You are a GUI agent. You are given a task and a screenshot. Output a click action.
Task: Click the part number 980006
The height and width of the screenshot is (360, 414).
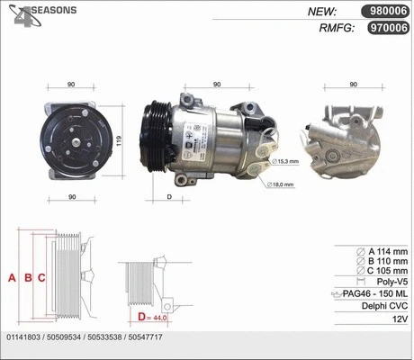coord(384,12)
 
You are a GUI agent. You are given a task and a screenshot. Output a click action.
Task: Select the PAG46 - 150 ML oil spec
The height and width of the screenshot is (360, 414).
coord(375,294)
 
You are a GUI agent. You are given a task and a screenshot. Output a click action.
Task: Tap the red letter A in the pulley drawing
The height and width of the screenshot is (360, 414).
coord(12,277)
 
